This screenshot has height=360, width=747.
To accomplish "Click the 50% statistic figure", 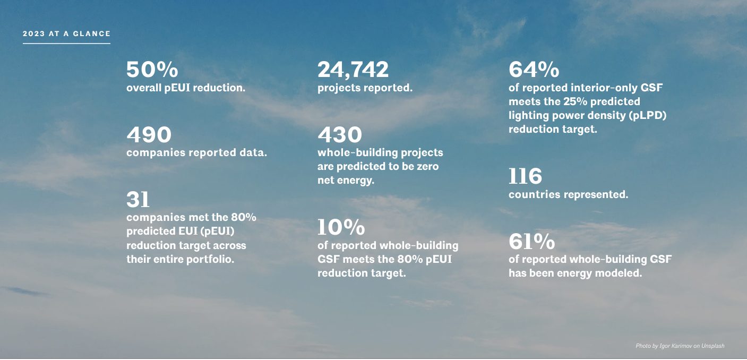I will pyautogui.click(x=152, y=70).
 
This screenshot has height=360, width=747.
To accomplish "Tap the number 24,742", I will pyautogui.click(x=353, y=70).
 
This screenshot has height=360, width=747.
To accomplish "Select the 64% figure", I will pyautogui.click(x=534, y=70).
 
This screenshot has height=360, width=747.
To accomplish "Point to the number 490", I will pyautogui.click(x=149, y=135).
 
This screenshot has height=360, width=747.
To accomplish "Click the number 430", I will pyautogui.click(x=340, y=135).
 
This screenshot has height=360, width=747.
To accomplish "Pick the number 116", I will pyautogui.click(x=525, y=176).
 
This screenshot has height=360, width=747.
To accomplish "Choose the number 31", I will pyautogui.click(x=138, y=200).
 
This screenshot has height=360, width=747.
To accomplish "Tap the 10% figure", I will pyautogui.click(x=341, y=227).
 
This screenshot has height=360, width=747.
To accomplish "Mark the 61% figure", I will pyautogui.click(x=531, y=242).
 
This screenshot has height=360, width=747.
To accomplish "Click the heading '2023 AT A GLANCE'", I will pyautogui.click(x=66, y=33).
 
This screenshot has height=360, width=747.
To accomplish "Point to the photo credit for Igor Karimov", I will pyautogui.click(x=680, y=346).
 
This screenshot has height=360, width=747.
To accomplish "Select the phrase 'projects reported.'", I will pyautogui.click(x=365, y=88).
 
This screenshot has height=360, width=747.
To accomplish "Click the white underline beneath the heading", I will pyautogui.click(x=66, y=43).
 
